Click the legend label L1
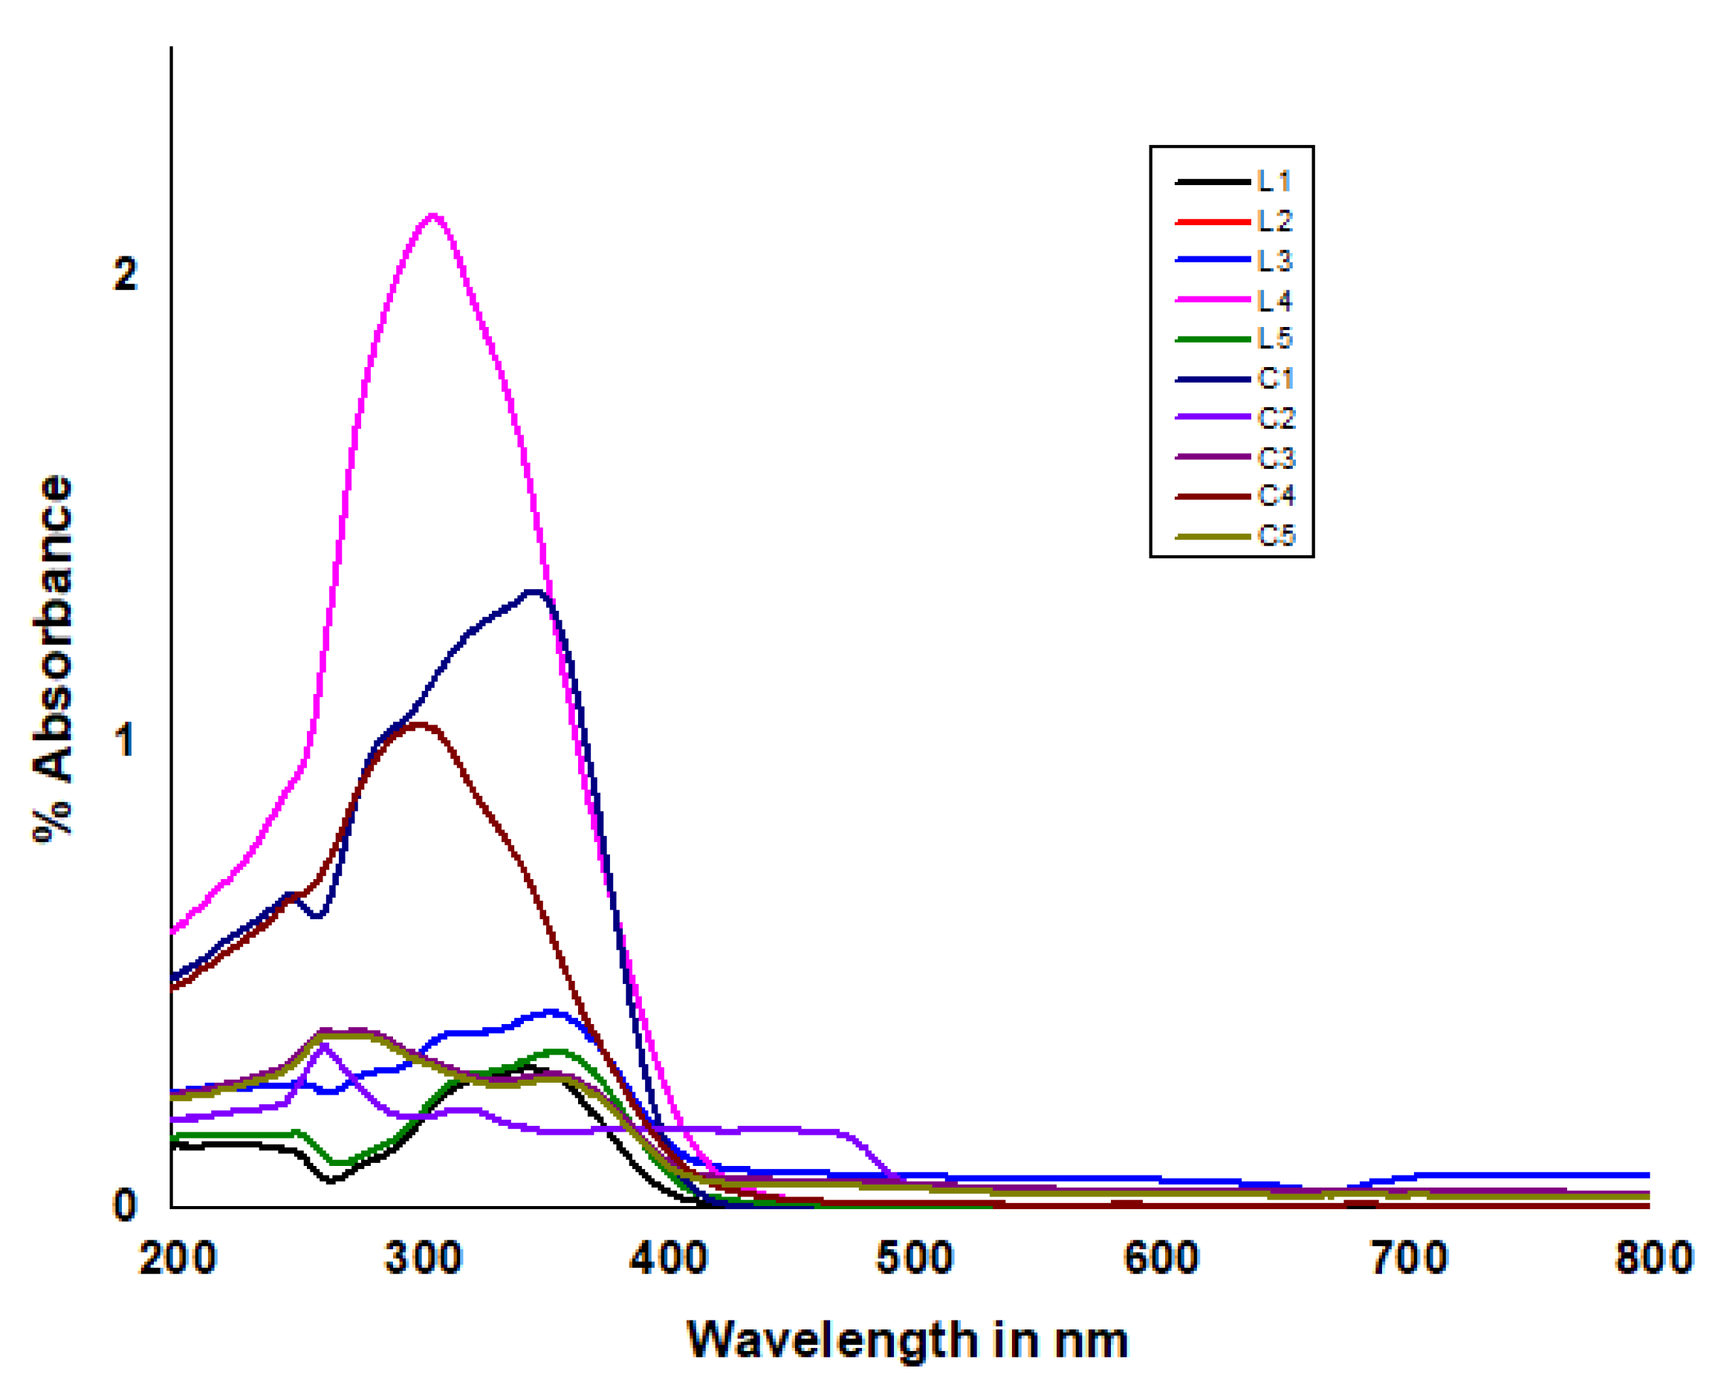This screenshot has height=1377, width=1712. pos(1274,182)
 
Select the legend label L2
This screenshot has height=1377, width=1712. pos(1274,221)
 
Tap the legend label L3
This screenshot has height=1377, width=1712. pos(1274,261)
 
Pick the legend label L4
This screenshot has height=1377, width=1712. pos(1274,300)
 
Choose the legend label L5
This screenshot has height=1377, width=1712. pos(1274,339)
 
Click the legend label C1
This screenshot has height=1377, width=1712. pos(1276,379)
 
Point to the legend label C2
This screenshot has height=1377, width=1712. pos(1276,418)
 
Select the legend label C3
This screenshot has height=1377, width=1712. pos(1276,458)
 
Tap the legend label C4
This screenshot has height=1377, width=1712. pos(1276,496)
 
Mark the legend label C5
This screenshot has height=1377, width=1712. pos(1276,536)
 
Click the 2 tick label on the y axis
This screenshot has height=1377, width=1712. pos(126,275)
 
